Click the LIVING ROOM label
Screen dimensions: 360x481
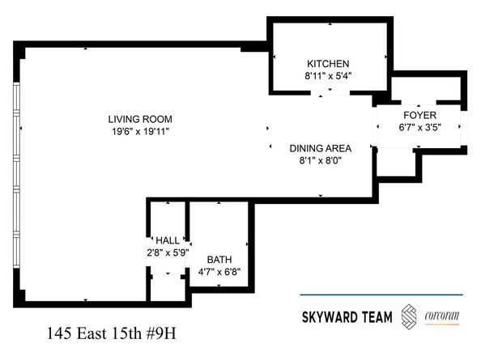point(142,119)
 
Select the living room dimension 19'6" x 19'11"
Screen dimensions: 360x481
point(142,131)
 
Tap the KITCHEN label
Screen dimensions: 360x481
point(327,64)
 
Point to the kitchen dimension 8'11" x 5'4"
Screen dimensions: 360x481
point(327,76)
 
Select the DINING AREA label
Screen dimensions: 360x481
point(321,148)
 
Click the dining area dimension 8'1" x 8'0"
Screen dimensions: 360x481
point(321,160)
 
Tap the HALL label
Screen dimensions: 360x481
point(168,240)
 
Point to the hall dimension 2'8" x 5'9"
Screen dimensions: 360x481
point(168,252)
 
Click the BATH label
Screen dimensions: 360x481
point(219,260)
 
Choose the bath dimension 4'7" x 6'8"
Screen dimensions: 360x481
point(219,272)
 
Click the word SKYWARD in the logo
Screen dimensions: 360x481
point(332,315)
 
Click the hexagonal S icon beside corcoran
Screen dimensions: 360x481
point(411,315)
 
